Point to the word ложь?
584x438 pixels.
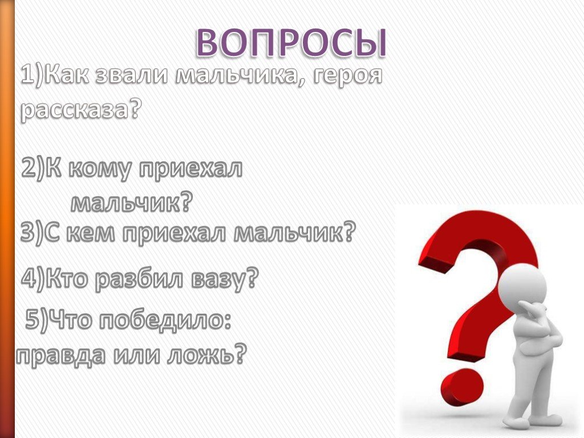pos(206,355)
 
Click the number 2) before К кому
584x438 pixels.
pos(33,168)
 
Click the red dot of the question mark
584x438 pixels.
pos(462,389)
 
